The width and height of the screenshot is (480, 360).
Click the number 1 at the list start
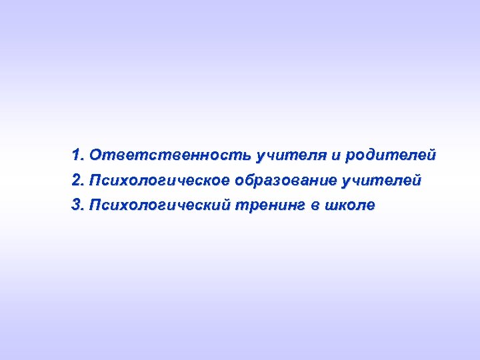[x=75, y=156]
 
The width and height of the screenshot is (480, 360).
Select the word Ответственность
[x=170, y=156]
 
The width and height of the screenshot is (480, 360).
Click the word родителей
[x=391, y=156]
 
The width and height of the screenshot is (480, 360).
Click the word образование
[x=286, y=181]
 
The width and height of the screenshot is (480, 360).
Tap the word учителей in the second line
[x=382, y=181]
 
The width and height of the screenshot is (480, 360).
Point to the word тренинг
[x=270, y=205]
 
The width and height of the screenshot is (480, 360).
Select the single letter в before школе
[x=314, y=205]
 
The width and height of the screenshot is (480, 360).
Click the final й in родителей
[x=432, y=156]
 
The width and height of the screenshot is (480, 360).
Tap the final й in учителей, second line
[x=417, y=181]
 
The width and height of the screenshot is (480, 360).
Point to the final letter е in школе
[x=371, y=205]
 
